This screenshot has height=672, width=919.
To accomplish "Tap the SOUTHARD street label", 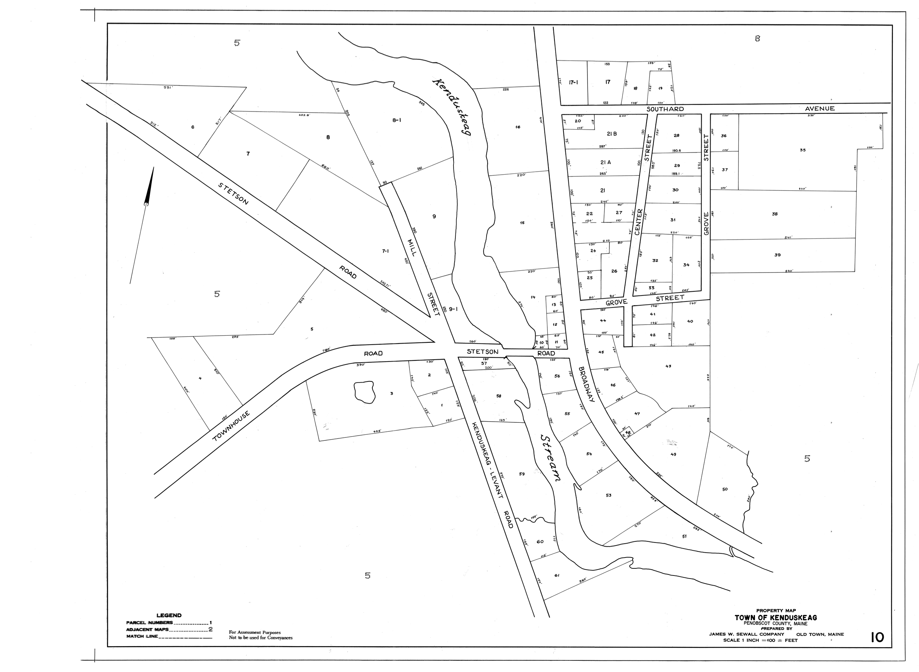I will (x=665, y=109).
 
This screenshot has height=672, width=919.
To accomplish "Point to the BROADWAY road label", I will (x=587, y=384).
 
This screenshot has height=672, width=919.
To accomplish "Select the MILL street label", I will (x=411, y=247).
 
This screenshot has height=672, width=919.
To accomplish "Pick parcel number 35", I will (x=802, y=150).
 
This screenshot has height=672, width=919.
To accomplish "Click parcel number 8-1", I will (x=397, y=120).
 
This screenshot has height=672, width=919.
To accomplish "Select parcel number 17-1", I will (x=573, y=82).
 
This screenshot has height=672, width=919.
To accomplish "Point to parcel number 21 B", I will (x=612, y=134).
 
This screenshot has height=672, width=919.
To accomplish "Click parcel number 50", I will (x=725, y=489).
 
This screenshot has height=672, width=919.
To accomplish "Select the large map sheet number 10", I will (x=877, y=637).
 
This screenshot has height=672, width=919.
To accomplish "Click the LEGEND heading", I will (x=169, y=615).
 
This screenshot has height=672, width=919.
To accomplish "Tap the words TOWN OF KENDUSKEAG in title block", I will (x=775, y=618).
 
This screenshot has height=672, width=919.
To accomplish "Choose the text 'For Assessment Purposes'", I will (x=255, y=633).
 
